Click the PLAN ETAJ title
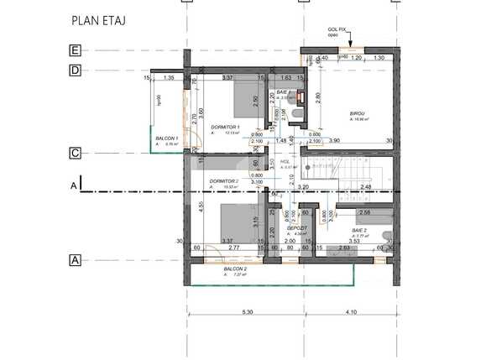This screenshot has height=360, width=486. pyautogui.click(x=100, y=19)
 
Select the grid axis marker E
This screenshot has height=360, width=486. pyautogui.click(x=75, y=50)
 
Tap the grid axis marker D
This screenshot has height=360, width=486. pyautogui.click(x=75, y=70)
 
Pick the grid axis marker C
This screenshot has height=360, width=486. pyautogui.click(x=75, y=153)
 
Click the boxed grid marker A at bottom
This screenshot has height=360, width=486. pyautogui.click(x=75, y=260)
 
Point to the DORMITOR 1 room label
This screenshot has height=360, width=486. pyautogui.click(x=225, y=127)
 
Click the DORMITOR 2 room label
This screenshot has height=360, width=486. pyautogui.click(x=225, y=181)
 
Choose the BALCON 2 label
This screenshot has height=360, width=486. pyautogui.click(x=222, y=269)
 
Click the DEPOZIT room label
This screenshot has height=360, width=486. pyautogui.click(x=295, y=227)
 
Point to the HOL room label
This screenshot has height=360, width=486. pyautogui.click(x=285, y=161)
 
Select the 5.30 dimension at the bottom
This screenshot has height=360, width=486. pyautogui.click(x=247, y=312)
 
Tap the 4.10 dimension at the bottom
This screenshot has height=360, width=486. pyautogui.click(x=351, y=312)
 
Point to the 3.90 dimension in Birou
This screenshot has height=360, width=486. pyautogui.click(x=334, y=140)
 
